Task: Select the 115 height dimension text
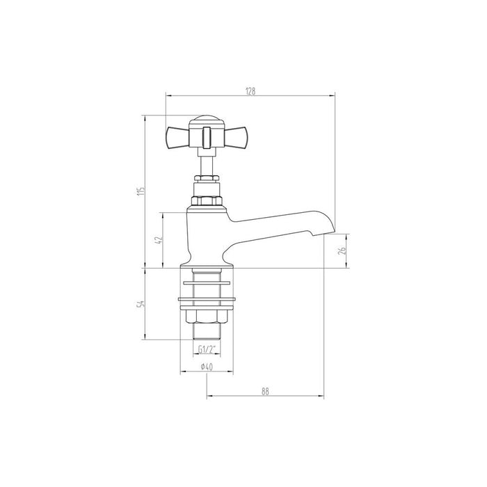click(x=140, y=191)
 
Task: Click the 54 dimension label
click(x=140, y=304)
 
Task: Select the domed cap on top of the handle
click(x=205, y=120)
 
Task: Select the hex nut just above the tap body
click(x=206, y=201)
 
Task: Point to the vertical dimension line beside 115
click(x=145, y=230)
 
